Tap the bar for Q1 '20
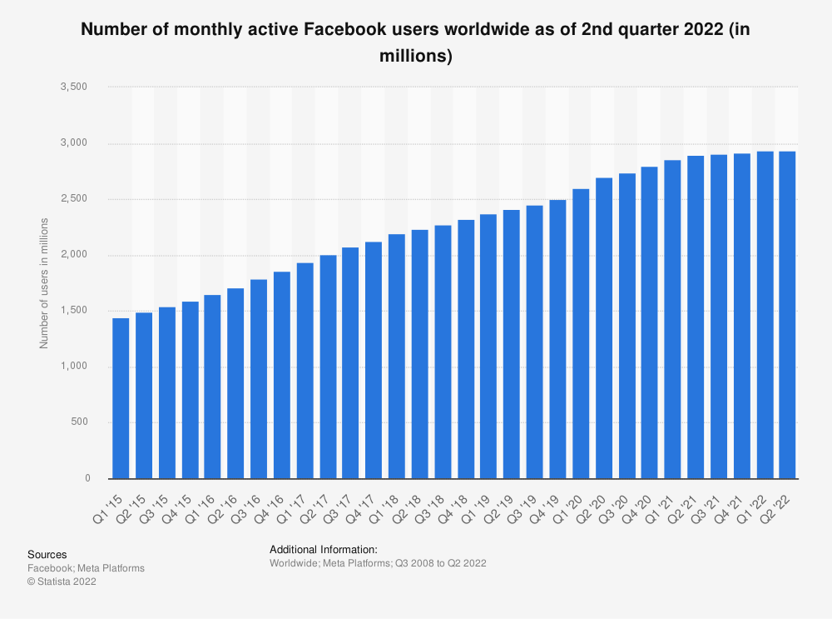click(x=581, y=333)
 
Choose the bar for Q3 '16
click(x=259, y=379)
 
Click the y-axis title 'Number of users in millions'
click(x=45, y=282)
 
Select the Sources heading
click(x=47, y=555)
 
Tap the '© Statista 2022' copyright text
click(x=62, y=582)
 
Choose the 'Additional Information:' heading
click(x=324, y=550)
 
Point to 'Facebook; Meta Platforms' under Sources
click(x=86, y=568)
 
